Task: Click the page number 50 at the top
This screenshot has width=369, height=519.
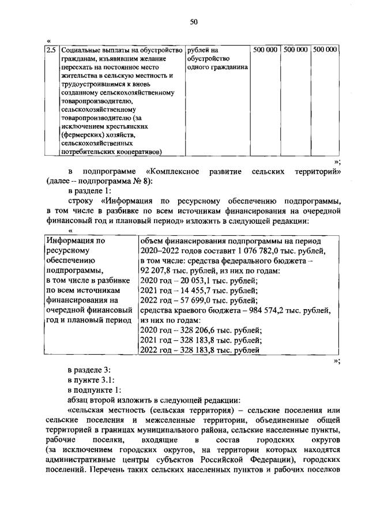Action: tap(194, 22)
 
